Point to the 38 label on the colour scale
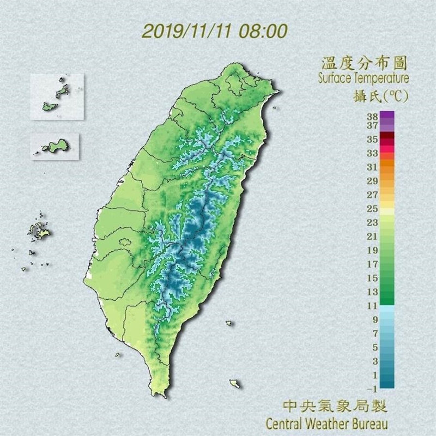click(x=372, y=116)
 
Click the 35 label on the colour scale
click(x=372, y=138)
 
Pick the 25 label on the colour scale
click(x=372, y=208)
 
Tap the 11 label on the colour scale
click(x=372, y=306)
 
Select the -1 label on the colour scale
click(x=372, y=389)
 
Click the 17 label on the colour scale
click(x=372, y=264)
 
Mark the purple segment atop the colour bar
click(x=387, y=116)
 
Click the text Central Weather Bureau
click(x=327, y=423)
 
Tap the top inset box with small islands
click(x=57, y=96)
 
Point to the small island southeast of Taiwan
click(x=234, y=383)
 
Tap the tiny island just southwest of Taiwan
click(x=117, y=355)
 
